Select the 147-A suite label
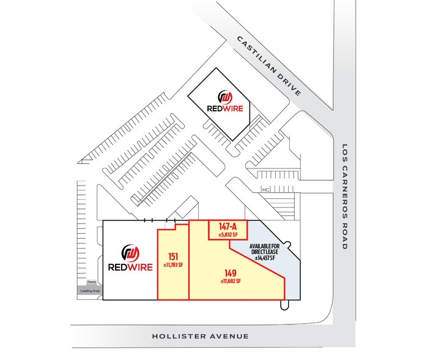pos(228,226)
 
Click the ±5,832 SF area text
pos(228,234)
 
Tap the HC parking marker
pos(265,189)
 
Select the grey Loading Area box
pos(89,291)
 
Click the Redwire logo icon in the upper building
pos(226,97)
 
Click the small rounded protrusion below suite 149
pos(283,304)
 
